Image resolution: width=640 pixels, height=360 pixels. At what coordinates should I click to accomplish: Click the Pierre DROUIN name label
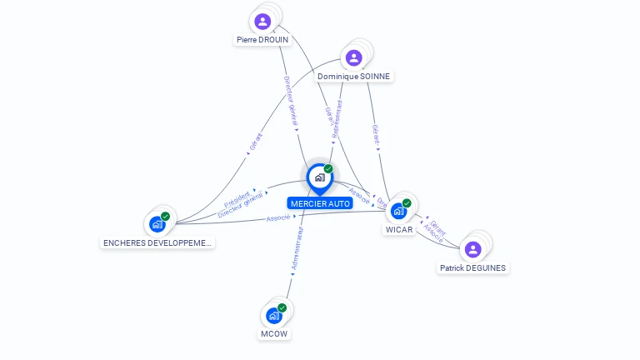[x=262, y=39]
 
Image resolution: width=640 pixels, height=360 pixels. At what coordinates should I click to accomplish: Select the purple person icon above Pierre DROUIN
[x=263, y=21]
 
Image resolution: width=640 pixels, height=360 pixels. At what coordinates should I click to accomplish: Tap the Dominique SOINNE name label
[x=353, y=76]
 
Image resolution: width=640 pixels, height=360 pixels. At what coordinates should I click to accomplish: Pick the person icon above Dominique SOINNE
[x=353, y=57]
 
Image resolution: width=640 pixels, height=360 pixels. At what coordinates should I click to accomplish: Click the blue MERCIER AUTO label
[x=320, y=203]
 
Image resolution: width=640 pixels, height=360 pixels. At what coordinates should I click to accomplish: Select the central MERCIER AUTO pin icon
[x=319, y=177]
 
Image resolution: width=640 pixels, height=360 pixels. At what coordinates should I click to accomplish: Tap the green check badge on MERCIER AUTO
[x=328, y=168]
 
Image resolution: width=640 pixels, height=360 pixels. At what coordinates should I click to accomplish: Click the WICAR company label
[x=399, y=229]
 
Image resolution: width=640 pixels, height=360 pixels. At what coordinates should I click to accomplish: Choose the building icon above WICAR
[x=398, y=211]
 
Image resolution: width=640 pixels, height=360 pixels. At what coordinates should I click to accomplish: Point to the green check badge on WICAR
[x=407, y=202]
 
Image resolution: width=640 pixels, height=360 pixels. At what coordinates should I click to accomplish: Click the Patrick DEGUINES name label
[x=472, y=267]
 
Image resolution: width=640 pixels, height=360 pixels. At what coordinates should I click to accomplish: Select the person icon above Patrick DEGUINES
[x=472, y=249]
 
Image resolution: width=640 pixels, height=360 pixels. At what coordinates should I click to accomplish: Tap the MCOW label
[x=273, y=333]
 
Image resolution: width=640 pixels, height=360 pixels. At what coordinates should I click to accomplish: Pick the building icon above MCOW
[x=273, y=316]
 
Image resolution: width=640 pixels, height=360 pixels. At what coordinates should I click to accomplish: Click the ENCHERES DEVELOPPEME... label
[x=157, y=242]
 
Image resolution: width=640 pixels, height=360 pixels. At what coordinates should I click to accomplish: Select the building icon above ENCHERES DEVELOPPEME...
[x=157, y=224]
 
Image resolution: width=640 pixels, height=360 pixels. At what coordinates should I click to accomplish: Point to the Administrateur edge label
[x=297, y=250]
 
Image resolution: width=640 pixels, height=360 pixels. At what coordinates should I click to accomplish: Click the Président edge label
[x=237, y=200]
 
